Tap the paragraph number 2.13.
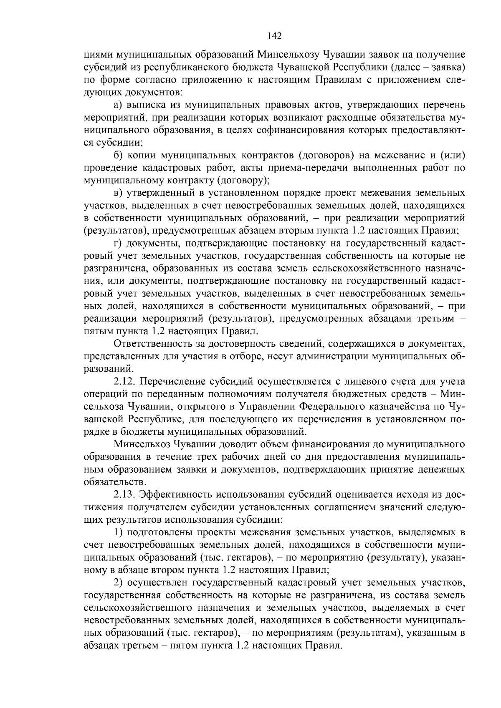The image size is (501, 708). [124, 495]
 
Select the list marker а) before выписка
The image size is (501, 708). [118, 105]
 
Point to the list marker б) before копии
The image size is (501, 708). [118, 156]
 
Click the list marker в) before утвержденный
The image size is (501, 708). [118, 193]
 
